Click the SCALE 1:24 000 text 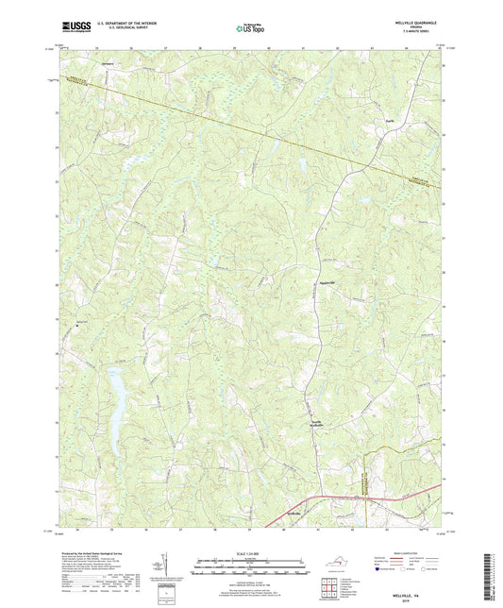coord(251,553)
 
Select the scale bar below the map coord(251,569)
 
